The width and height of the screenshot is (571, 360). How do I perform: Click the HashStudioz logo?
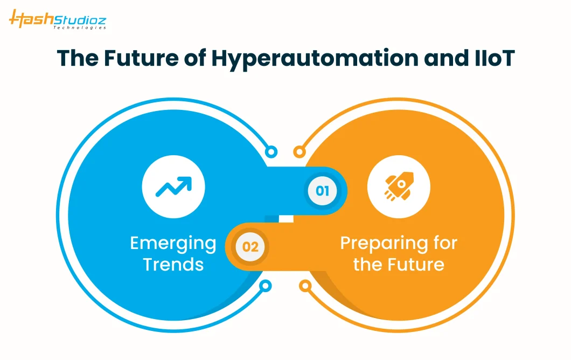click(x=58, y=19)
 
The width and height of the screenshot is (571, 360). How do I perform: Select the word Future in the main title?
click(x=141, y=58)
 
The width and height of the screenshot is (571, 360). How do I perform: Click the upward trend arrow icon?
click(x=173, y=186)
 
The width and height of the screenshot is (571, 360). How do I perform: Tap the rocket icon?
click(x=399, y=186)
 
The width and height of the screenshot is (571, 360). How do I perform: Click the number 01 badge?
click(x=322, y=191)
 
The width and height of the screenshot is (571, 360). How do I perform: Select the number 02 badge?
click(x=250, y=247)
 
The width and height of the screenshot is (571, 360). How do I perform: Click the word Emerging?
click(x=173, y=244)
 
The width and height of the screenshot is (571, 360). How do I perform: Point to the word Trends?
click(x=173, y=264)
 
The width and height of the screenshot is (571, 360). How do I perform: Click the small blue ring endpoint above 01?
click(x=271, y=151)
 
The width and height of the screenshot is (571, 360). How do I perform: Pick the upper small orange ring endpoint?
click(x=300, y=151)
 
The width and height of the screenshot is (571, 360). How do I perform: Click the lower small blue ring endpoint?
click(x=266, y=286)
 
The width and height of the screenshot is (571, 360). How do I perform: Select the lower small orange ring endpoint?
click(x=305, y=286)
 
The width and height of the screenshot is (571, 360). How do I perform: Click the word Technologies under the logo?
click(x=80, y=27)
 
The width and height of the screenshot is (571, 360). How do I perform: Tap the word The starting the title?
click(x=78, y=58)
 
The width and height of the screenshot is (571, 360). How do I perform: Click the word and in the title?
click(x=446, y=58)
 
